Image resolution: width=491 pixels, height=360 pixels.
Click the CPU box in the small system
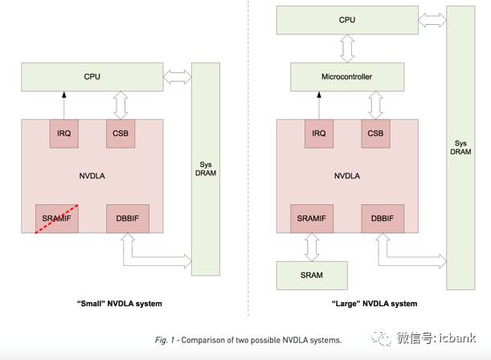pyautogui.click(x=92, y=77)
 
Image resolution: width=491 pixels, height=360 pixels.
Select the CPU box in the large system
pyautogui.click(x=347, y=19)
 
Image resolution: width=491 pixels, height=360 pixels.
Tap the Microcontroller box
pyautogui.click(x=346, y=77)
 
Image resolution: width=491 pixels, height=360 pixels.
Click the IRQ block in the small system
pyautogui.click(x=64, y=133)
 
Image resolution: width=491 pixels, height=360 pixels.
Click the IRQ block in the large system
pyautogui.click(x=319, y=133)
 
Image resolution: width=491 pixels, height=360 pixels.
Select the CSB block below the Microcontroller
pyautogui.click(x=374, y=133)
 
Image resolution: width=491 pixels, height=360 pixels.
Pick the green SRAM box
pyautogui.click(x=311, y=275)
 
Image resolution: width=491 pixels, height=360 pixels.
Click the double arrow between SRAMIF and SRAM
pyautogui.click(x=311, y=247)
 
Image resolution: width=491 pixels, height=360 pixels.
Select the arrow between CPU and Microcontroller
pyautogui.click(x=347, y=48)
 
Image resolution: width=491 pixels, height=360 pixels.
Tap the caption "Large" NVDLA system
pyautogui.click(x=374, y=304)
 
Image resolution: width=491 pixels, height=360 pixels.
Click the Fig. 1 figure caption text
pyautogui.click(x=248, y=340)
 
